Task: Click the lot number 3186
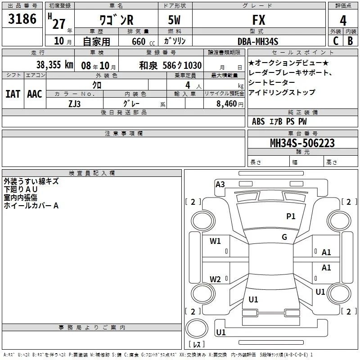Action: pyautogui.click(x=22, y=19)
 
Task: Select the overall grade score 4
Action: pyautogui.click(x=343, y=21)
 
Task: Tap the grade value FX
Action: pyautogui.click(x=259, y=20)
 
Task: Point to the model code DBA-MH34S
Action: pyautogui.click(x=258, y=41)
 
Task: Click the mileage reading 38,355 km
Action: pyautogui.click(x=55, y=65)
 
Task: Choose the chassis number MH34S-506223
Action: pyautogui.click(x=302, y=143)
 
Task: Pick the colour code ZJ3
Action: pyautogui.click(x=74, y=104)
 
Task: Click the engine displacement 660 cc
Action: pyautogui.click(x=143, y=41)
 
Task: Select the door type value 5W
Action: pyautogui.click(x=174, y=20)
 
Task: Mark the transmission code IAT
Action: pyautogui.click(x=13, y=94)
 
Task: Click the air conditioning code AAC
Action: pyautogui.click(x=35, y=94)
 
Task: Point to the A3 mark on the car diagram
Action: pyautogui.click(x=220, y=184)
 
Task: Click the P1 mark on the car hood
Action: pyautogui.click(x=291, y=216)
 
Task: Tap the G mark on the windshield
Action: pyautogui.click(x=284, y=237)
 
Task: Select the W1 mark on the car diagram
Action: pyautogui.click(x=215, y=241)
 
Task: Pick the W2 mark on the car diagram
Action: pyautogui.click(x=215, y=279)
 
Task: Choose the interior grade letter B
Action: pyautogui.click(x=350, y=41)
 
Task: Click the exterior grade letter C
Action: pyautogui.click(x=336, y=41)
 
